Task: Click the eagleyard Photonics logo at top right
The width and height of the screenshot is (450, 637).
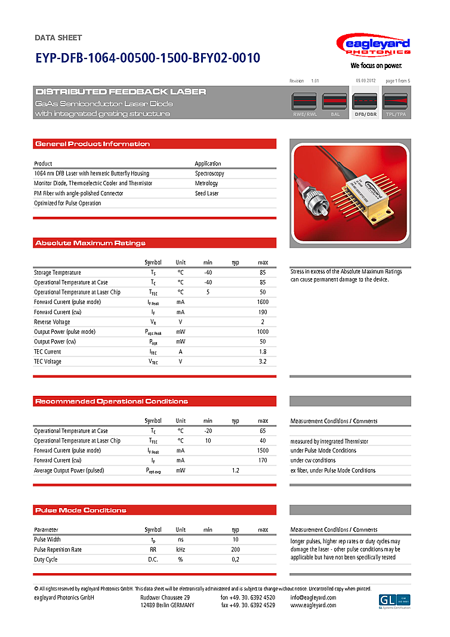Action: [373, 47]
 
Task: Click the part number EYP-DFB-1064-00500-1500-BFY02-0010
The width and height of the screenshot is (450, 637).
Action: [147, 59]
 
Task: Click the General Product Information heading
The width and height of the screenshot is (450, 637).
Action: [93, 144]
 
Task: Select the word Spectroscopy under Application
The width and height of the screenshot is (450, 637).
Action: [209, 174]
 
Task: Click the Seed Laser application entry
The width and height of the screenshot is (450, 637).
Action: [206, 193]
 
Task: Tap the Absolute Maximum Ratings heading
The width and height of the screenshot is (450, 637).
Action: [90, 243]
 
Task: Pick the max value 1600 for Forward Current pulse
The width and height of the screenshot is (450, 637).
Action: [263, 302]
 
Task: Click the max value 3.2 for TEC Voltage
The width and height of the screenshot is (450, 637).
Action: [263, 361]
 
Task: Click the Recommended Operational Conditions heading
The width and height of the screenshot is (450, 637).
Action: [112, 401]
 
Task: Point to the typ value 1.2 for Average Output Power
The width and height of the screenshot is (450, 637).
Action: [236, 470]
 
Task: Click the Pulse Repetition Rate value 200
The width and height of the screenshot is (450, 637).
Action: [236, 549]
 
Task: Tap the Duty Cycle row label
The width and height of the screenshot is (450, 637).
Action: [46, 559]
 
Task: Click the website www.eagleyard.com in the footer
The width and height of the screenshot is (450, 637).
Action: [313, 605]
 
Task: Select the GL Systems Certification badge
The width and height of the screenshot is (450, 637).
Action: [394, 601]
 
